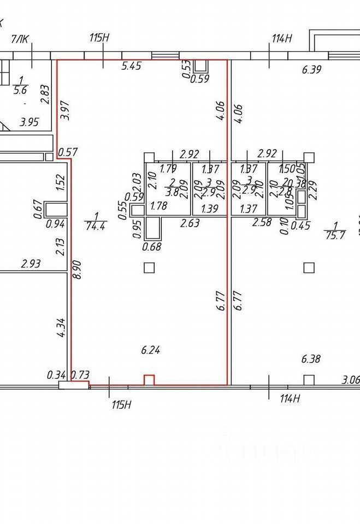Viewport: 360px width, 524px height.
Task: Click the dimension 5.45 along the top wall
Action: pos(131,67)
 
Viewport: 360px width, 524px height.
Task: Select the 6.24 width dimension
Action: pos(150,350)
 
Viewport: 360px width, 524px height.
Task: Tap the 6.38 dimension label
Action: pos(311,359)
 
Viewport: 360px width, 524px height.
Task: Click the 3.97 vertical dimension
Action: pos(66,111)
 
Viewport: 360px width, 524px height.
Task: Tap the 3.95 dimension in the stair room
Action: pos(29,122)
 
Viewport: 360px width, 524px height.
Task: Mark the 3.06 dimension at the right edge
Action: pos(350,380)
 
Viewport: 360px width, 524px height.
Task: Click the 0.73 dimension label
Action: pos(80,375)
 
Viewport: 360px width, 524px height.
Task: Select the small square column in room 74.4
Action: pos(149,267)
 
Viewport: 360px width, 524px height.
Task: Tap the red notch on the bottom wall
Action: pos(149,380)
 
